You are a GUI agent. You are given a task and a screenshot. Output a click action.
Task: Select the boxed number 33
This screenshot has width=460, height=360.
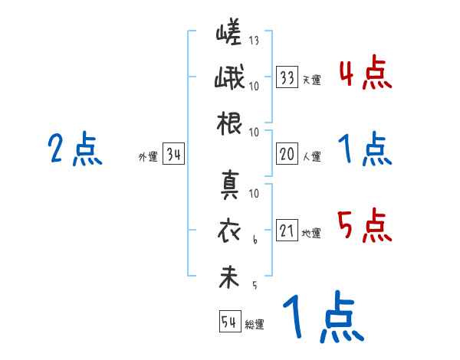(287, 77)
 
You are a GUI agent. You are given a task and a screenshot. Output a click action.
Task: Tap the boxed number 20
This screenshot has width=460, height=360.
(287, 154)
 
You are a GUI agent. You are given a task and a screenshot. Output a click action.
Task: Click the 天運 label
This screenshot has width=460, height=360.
(311, 80)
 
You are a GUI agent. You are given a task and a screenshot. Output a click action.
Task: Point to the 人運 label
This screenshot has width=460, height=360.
(311, 156)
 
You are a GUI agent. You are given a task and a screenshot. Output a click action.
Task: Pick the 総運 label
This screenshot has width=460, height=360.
(255, 324)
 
